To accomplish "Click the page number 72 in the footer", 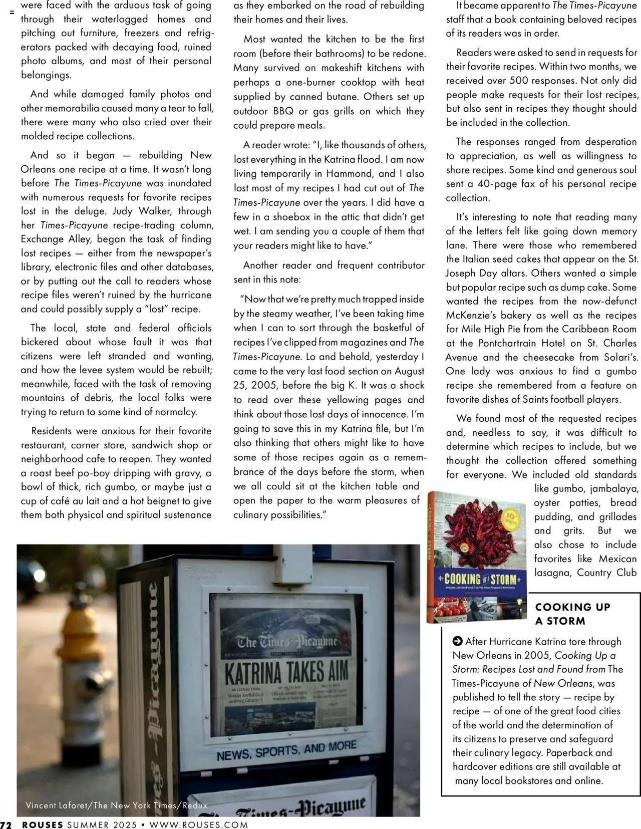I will click(6, 824).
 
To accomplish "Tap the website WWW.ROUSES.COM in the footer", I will click(199, 824).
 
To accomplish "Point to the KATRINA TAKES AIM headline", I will click(286, 673).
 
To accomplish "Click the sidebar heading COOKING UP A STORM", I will click(572, 614).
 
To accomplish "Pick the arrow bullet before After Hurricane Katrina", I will click(457, 641).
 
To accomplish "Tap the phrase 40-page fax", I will click(506, 183).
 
